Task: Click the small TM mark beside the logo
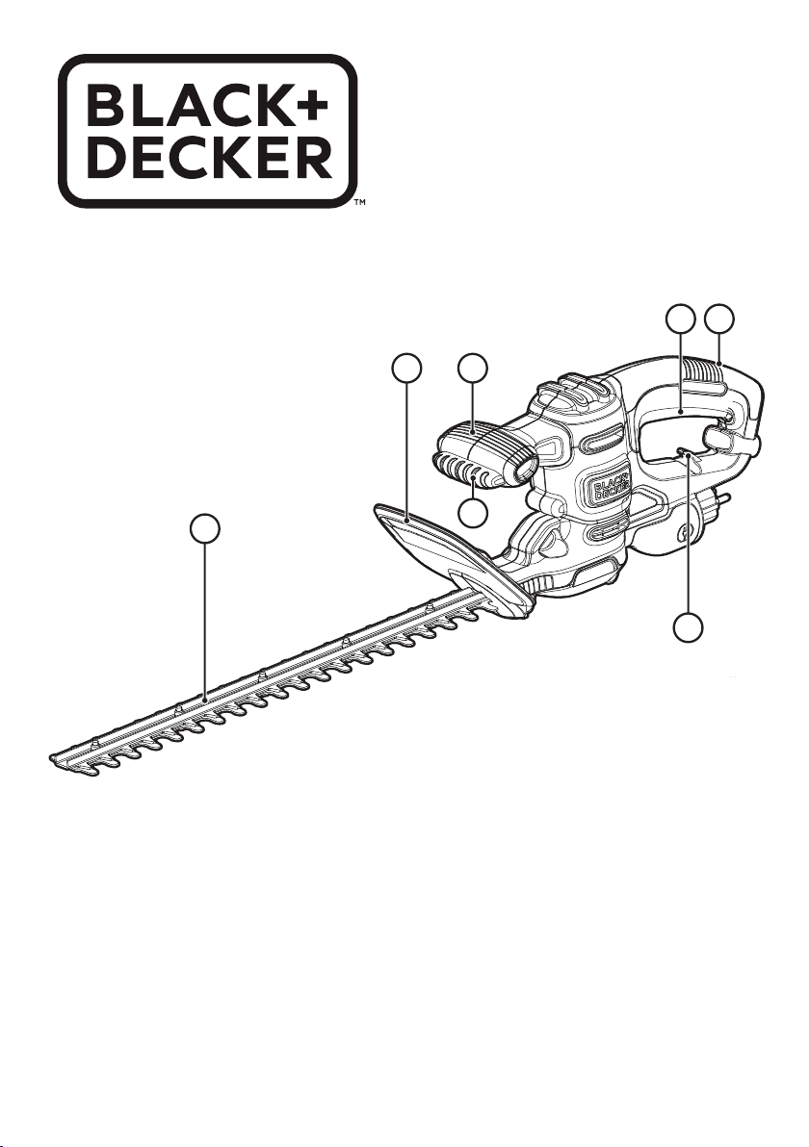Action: click(x=358, y=204)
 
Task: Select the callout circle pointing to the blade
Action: click(x=204, y=528)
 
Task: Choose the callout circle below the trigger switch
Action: click(x=688, y=628)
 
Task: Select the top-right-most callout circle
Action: click(x=719, y=319)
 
